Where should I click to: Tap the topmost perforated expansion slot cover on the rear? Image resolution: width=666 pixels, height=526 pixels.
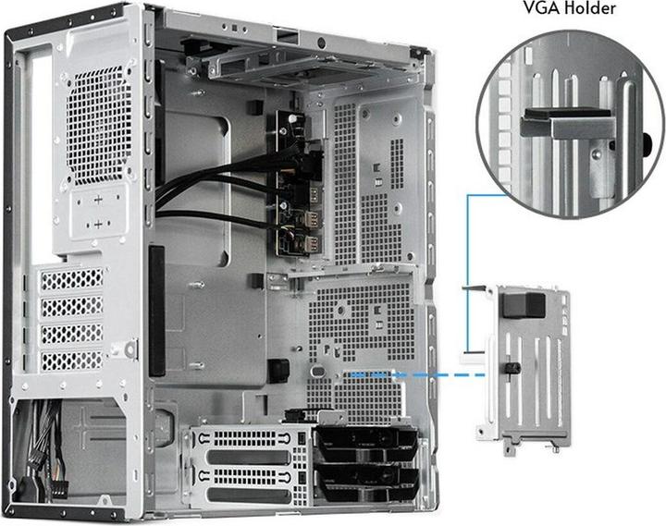coord(72,278)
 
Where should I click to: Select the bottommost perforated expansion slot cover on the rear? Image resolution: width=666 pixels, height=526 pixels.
coord(72,361)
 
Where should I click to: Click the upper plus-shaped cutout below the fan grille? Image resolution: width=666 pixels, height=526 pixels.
coord(100,199)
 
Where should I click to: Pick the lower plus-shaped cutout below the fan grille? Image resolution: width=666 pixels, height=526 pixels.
coord(100,225)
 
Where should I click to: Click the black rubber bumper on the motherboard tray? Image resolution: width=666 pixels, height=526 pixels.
coord(276,369)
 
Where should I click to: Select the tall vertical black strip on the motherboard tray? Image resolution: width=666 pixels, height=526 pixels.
coord(156,310)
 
